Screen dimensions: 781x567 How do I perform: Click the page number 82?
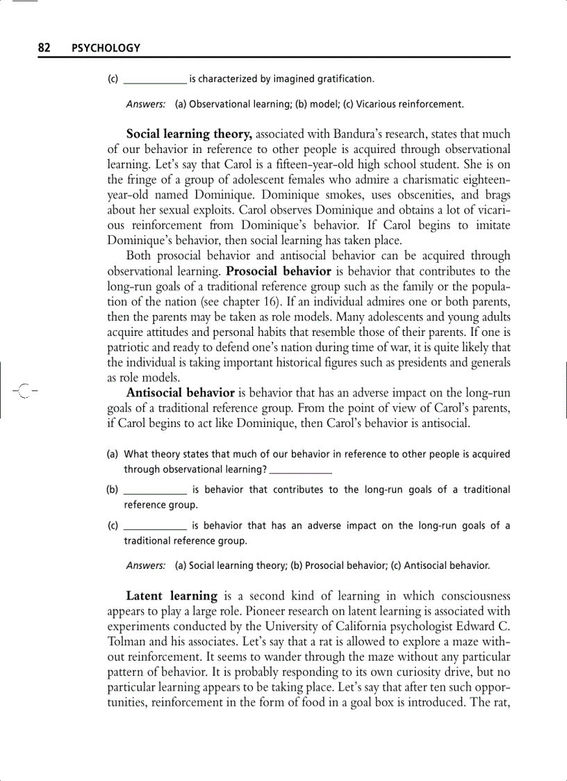(44, 48)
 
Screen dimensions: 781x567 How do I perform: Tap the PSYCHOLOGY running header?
(106, 49)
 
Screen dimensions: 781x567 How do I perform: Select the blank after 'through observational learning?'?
(300, 470)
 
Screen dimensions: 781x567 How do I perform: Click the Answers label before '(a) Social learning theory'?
(145, 566)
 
